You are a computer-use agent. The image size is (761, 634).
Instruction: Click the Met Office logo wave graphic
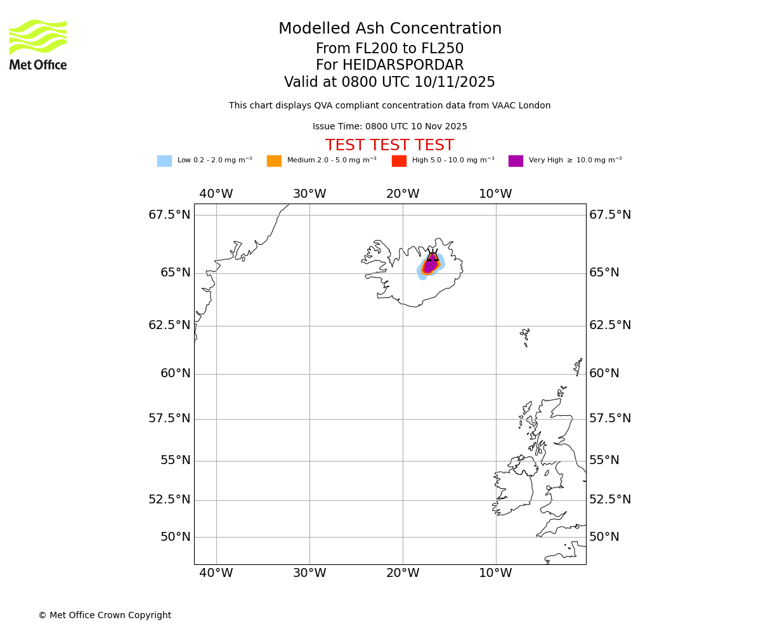coord(38,37)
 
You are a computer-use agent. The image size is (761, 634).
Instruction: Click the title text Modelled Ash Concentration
coord(390,29)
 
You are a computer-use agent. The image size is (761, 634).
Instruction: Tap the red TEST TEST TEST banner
coord(389,146)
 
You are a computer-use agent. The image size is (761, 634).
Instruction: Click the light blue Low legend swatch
coord(164,161)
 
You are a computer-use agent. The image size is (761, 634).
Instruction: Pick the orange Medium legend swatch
coord(274,161)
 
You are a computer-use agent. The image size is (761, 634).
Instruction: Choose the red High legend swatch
coord(399,161)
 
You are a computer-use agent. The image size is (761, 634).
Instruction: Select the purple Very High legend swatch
coord(516,161)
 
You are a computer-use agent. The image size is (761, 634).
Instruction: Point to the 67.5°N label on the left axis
coord(169,215)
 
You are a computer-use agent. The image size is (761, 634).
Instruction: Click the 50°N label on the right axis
coord(604,537)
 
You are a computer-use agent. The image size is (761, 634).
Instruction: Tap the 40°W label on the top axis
coord(216,194)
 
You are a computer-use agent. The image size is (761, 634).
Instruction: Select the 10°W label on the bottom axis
coord(495,573)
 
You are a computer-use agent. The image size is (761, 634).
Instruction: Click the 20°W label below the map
coord(403,573)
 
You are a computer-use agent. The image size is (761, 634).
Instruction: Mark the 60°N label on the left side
coord(176,373)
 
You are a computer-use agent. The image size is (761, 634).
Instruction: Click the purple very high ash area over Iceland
coord(430,265)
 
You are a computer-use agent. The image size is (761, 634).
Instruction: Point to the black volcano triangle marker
coord(433,256)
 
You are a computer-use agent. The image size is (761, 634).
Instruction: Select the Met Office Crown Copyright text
coord(105,615)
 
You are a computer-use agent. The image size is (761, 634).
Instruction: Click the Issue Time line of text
coord(389,127)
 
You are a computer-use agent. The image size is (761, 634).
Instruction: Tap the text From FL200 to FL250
coord(389,49)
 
